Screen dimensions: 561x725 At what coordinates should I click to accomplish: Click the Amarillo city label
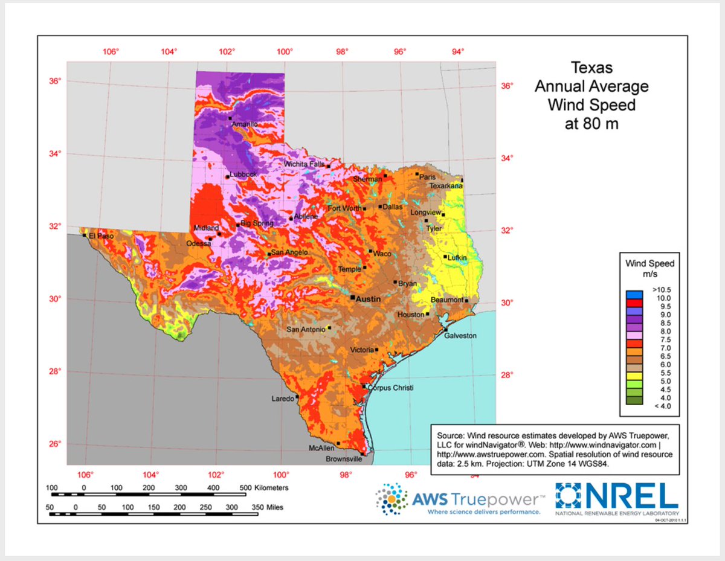pyautogui.click(x=245, y=124)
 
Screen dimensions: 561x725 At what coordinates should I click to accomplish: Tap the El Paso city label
pyautogui.click(x=101, y=236)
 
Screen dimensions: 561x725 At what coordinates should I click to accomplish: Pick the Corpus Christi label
pyautogui.click(x=391, y=388)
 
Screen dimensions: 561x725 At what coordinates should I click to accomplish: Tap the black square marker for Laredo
pyautogui.click(x=297, y=397)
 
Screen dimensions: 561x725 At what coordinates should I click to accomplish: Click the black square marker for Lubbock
pyautogui.click(x=228, y=177)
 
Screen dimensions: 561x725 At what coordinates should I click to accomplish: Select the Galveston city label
pyautogui.click(x=460, y=336)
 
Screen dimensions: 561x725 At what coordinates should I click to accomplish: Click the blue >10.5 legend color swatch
pyautogui.click(x=634, y=294)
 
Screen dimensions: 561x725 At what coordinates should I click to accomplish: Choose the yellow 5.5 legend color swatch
pyautogui.click(x=634, y=374)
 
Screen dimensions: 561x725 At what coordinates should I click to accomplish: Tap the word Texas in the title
pyautogui.click(x=591, y=67)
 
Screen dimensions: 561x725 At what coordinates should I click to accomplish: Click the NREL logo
pyautogui.click(x=616, y=499)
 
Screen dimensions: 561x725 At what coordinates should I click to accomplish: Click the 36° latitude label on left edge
pyautogui.click(x=55, y=81)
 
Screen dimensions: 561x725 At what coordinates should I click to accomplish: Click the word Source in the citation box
pyautogui.click(x=450, y=434)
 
